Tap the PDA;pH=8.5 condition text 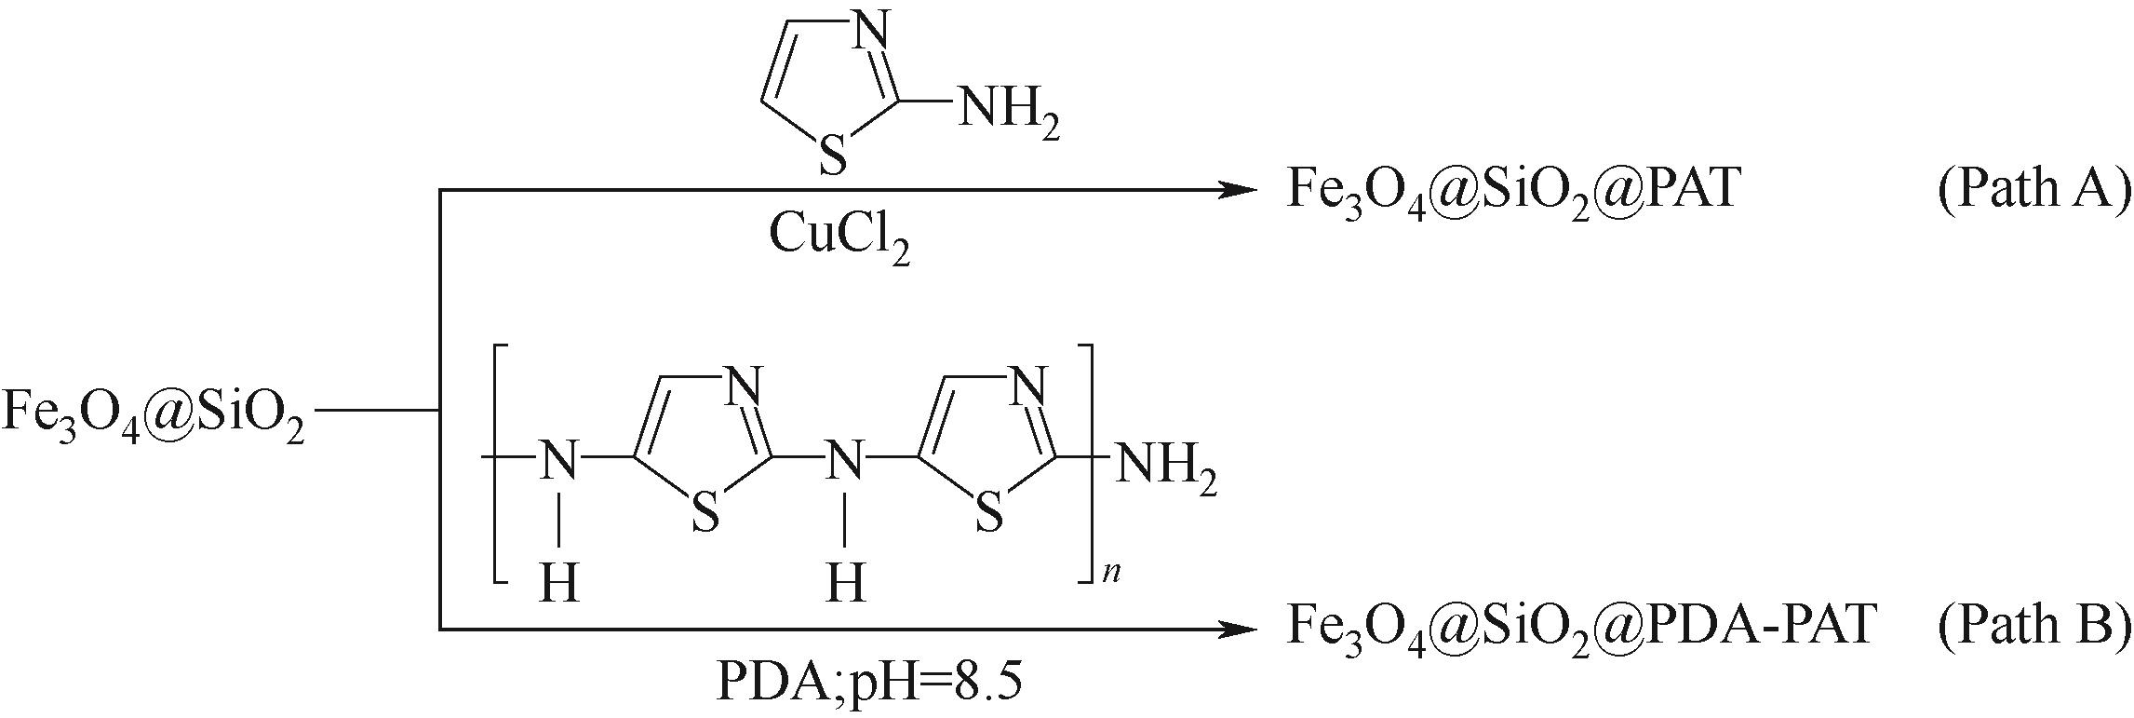pos(868,683)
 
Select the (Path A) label pos(2033,190)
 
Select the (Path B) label pos(2033,625)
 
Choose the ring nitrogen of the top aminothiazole pos(870,35)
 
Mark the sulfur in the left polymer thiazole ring pos(706,513)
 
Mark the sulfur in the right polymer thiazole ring pos(989,513)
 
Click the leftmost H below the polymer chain pos(559,584)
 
